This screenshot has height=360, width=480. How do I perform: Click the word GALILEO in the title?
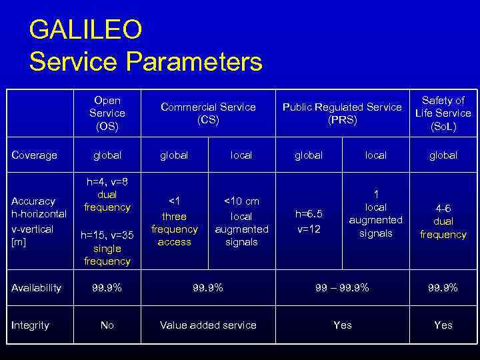coord(85,30)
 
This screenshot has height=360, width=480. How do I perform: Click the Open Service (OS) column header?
coord(107,113)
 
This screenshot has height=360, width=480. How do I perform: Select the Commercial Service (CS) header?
coord(208,113)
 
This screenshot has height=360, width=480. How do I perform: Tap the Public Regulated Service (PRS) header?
coord(342,113)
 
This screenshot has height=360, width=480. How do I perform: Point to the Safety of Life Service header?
coord(443,113)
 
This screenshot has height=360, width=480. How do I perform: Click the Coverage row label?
coord(35,155)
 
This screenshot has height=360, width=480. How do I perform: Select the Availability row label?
coord(37,288)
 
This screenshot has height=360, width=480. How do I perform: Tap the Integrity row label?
coord(31,325)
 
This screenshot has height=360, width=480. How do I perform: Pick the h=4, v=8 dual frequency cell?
coord(107,195)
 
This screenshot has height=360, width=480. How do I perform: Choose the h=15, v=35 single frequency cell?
coord(107,247)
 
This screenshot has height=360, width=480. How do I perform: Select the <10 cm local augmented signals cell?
coord(241,221)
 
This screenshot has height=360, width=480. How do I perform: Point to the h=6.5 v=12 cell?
coord(309,221)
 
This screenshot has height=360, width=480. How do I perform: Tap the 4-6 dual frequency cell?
coord(443,221)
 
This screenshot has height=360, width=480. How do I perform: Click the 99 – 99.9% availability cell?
coord(342,288)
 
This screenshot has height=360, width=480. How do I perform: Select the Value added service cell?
coord(208,325)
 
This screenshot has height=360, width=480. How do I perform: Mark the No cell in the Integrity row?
coord(107,325)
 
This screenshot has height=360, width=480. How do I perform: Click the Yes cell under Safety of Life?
coord(443,325)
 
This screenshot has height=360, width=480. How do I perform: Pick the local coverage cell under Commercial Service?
coord(241,155)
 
